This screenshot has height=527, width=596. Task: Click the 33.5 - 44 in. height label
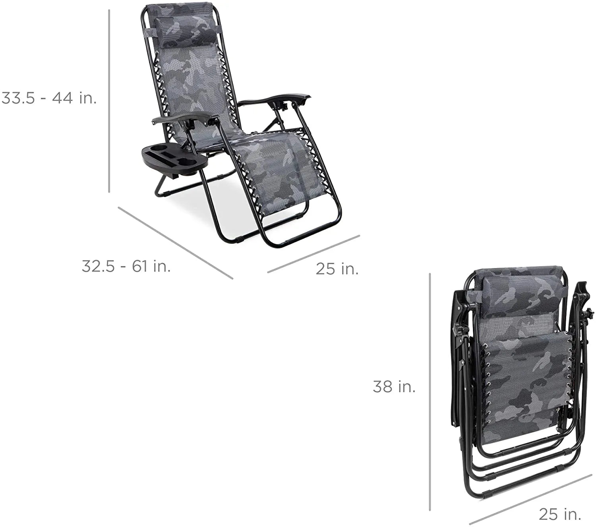point(49,98)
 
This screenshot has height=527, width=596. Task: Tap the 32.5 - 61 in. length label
point(126,266)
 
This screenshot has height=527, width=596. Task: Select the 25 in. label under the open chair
point(337,269)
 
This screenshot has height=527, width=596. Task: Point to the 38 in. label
point(394,386)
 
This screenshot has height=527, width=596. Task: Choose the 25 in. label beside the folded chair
point(560,514)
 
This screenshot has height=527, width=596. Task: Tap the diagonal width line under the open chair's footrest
point(313,254)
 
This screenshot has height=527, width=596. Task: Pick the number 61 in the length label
point(140,266)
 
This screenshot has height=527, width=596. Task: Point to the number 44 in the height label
point(62,98)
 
